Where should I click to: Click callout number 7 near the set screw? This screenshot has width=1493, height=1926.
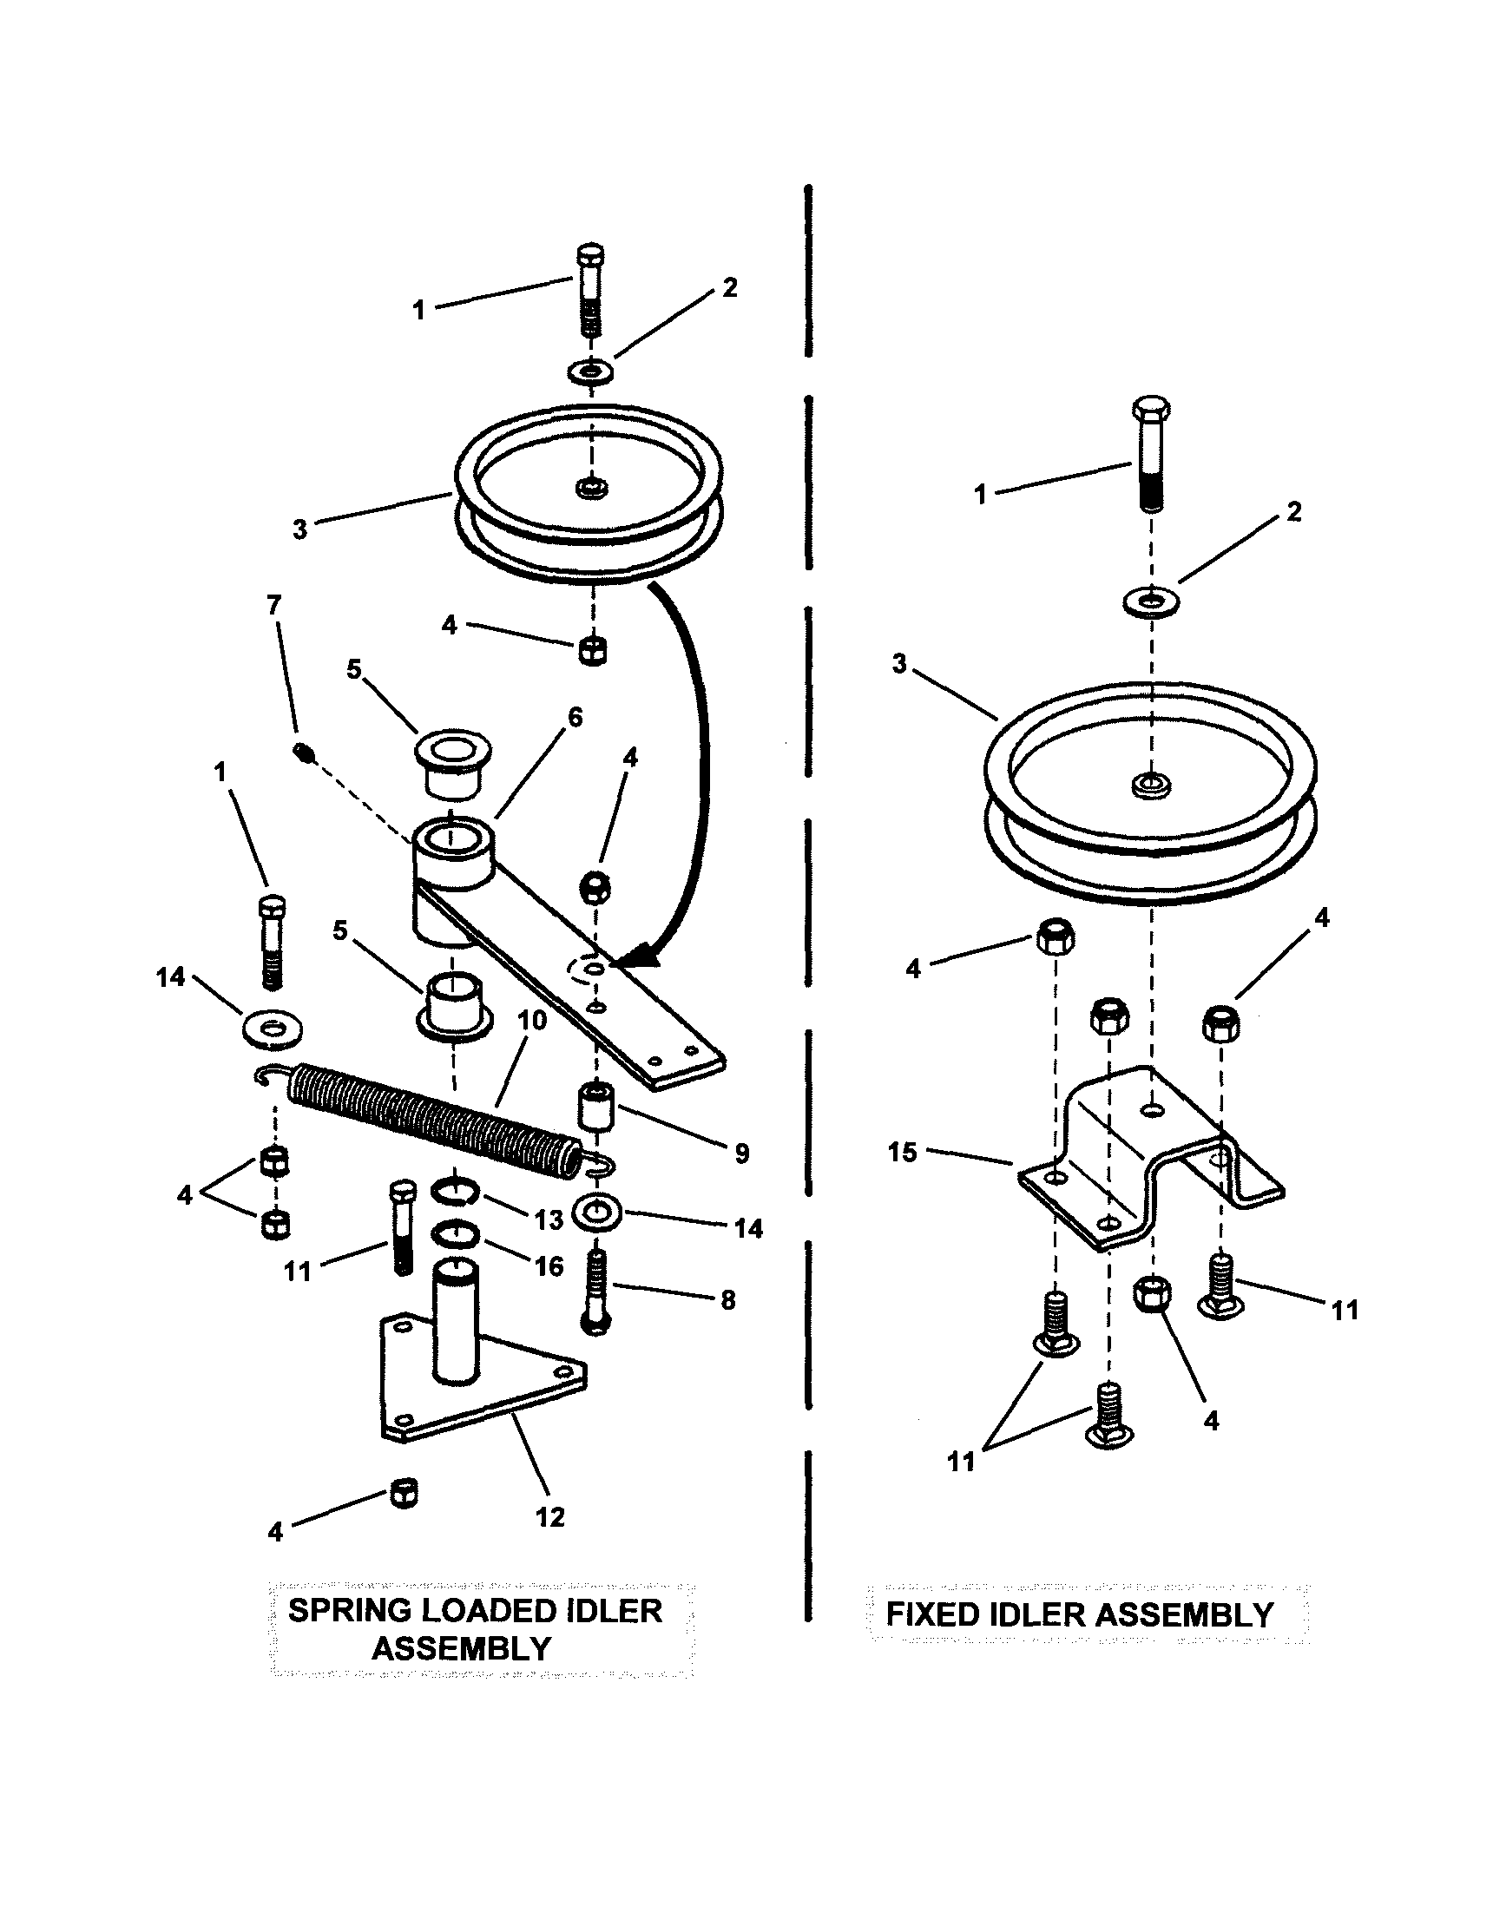(x=273, y=605)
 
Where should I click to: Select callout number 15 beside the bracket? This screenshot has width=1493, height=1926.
(x=902, y=1152)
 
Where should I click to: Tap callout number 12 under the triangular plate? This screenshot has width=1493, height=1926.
(x=549, y=1517)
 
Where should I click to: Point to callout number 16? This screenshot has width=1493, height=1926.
(x=549, y=1266)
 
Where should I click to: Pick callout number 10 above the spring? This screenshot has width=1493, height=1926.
(x=532, y=1021)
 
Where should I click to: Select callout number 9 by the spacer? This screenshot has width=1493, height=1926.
(x=741, y=1153)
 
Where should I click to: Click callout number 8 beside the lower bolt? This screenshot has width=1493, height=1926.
(x=727, y=1300)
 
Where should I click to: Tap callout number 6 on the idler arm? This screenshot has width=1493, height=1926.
(x=575, y=718)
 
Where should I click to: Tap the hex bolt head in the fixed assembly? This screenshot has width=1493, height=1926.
(x=1151, y=411)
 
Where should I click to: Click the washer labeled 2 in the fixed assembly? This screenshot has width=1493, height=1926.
(x=1151, y=603)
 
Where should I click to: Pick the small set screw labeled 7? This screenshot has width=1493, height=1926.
(x=305, y=752)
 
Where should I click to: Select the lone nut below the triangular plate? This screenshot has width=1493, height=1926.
(x=403, y=1493)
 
